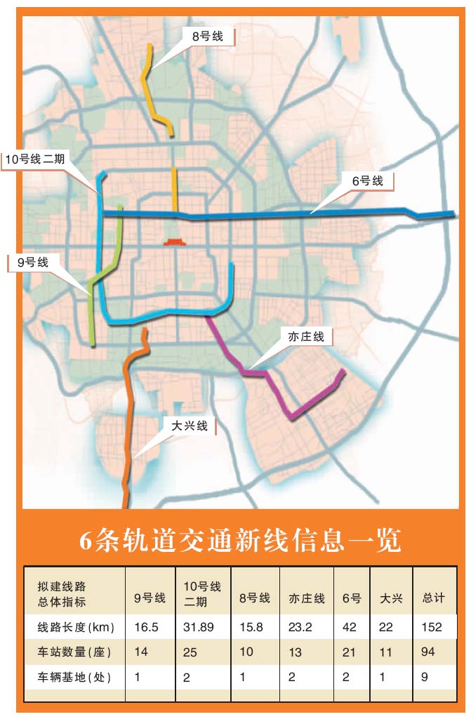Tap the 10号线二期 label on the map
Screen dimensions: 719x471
pyautogui.click(x=34, y=159)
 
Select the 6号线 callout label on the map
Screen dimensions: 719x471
pyautogui.click(x=368, y=181)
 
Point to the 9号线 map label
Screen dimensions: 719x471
pyautogui.click(x=33, y=263)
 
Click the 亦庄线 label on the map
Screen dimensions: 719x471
pyautogui.click(x=307, y=337)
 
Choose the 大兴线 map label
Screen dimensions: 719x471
pyautogui.click(x=190, y=426)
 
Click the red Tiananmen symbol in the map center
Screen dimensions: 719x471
pyautogui.click(x=174, y=242)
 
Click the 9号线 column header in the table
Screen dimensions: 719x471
pyautogui.click(x=150, y=598)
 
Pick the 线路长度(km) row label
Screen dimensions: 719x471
pyautogui.click(x=76, y=626)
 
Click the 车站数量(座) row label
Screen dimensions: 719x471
pyautogui.click(x=74, y=652)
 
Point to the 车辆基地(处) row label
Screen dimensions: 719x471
pyautogui.click(x=74, y=678)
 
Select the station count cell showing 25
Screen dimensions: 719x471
pyautogui.click(x=191, y=652)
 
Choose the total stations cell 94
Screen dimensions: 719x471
pyautogui.click(x=428, y=652)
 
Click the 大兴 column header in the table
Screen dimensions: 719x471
pyautogui.click(x=390, y=598)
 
